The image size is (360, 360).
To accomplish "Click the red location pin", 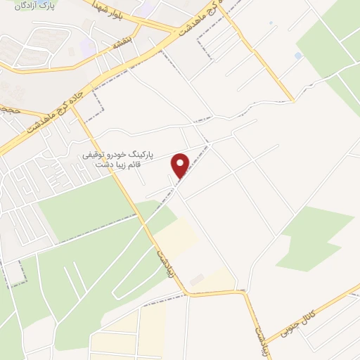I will (x=181, y=166).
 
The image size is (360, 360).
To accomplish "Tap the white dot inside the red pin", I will (x=181, y=162).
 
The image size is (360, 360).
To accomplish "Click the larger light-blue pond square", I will (x=298, y=56).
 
